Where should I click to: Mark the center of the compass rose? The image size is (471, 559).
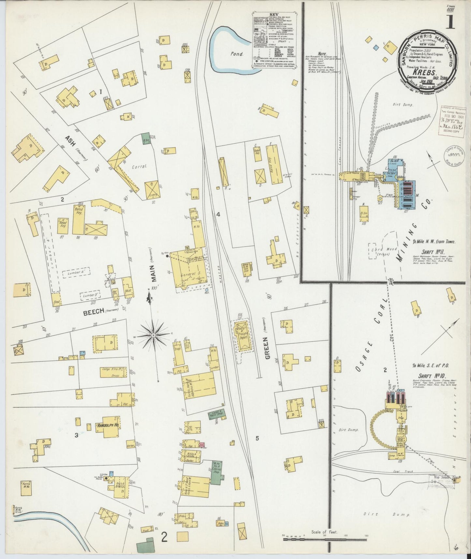(153, 335)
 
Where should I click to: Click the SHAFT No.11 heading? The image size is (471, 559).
(427, 252)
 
